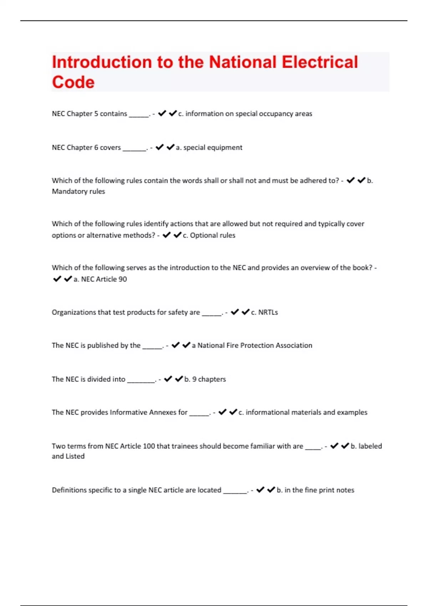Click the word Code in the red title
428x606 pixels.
[x=73, y=82]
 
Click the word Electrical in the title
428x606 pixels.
[x=320, y=62]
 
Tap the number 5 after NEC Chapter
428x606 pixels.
[x=96, y=114]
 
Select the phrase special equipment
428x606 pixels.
[x=213, y=148]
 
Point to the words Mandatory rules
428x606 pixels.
[x=78, y=191]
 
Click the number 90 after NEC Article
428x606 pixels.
[x=122, y=279]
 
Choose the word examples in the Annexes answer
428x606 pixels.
[x=352, y=412]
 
